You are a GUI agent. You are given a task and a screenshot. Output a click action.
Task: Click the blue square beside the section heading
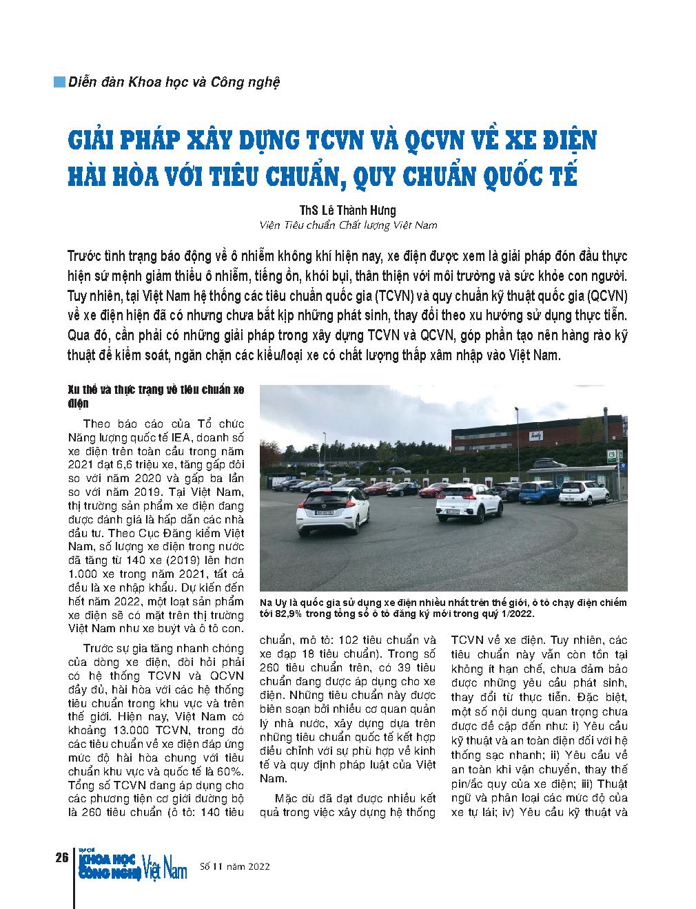click(59, 81)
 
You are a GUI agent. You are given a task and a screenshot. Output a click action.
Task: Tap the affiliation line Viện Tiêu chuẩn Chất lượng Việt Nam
click(347, 225)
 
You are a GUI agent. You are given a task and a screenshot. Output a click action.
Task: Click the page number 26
click(60, 857)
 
